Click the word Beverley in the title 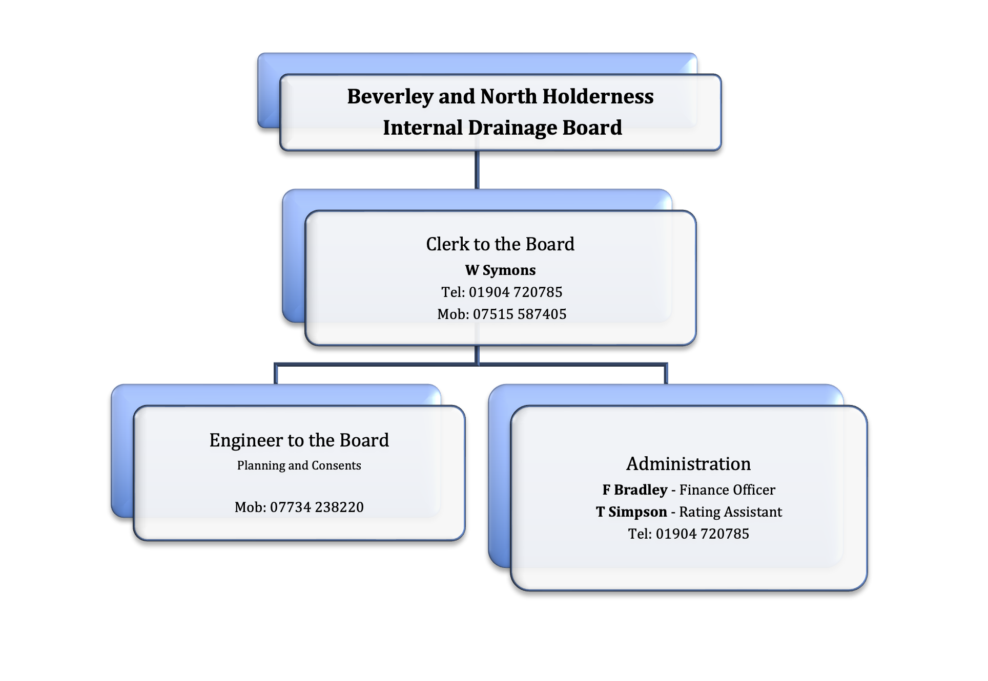[x=390, y=97]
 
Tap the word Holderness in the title [x=598, y=96]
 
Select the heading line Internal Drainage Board [x=502, y=127]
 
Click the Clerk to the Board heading [x=500, y=244]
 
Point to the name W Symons [x=500, y=270]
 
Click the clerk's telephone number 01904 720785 [x=516, y=292]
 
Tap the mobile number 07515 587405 [x=520, y=314]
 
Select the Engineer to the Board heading [x=299, y=440]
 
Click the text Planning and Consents [x=299, y=465]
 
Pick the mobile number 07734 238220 [x=317, y=507]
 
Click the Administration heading [x=689, y=464]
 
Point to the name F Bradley [x=635, y=490]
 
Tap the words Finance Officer [x=727, y=490]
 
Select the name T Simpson [x=631, y=512]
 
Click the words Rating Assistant [x=731, y=512]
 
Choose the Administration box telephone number [x=703, y=534]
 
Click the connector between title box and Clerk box [x=477, y=170]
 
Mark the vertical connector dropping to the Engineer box [x=276, y=374]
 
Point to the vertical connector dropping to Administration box [x=666, y=374]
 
